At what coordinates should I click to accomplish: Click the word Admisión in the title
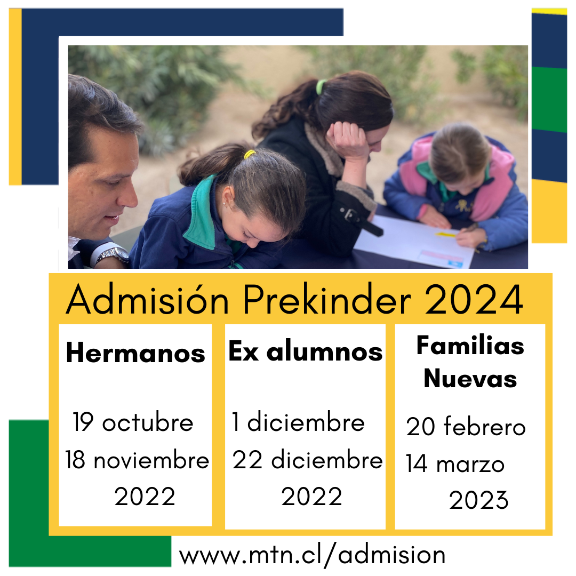(x=147, y=299)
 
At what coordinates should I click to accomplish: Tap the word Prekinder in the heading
(x=327, y=299)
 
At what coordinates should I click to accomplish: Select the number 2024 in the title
(x=474, y=299)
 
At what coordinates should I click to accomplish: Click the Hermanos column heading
(x=135, y=353)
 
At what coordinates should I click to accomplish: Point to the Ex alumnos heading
(x=305, y=351)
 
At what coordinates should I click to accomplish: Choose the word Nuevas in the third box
(x=470, y=378)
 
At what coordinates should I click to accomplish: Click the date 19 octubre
(x=133, y=422)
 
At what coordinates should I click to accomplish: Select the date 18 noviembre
(x=137, y=460)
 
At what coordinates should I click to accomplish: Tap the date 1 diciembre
(x=298, y=422)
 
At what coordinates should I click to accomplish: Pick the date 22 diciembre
(x=308, y=459)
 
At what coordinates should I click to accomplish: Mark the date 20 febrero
(x=466, y=426)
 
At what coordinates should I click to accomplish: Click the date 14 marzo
(x=455, y=463)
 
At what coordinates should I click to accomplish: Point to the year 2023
(x=478, y=500)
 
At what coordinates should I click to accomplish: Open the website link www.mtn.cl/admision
(x=312, y=555)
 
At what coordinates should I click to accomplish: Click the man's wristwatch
(x=112, y=254)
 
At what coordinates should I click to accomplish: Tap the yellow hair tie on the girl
(x=250, y=154)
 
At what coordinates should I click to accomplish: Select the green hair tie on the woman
(x=321, y=87)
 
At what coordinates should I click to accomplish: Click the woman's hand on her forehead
(x=347, y=140)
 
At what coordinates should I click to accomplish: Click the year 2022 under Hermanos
(x=145, y=497)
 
